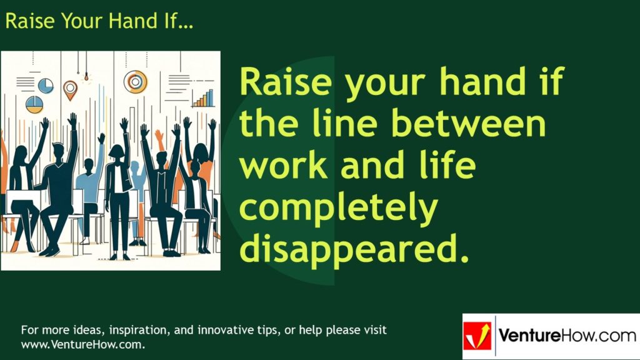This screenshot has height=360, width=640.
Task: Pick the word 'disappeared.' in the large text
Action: tap(354, 251)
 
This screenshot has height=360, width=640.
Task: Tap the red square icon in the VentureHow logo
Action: tap(477, 336)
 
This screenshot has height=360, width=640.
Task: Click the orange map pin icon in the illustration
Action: tap(70, 89)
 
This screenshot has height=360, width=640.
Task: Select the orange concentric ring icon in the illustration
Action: tap(135, 81)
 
